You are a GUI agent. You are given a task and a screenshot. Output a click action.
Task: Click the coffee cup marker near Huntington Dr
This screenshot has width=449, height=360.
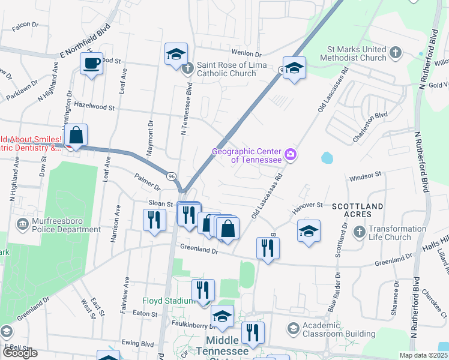(91, 64)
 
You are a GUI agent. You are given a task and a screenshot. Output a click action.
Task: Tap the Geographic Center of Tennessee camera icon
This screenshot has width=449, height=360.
(291, 155)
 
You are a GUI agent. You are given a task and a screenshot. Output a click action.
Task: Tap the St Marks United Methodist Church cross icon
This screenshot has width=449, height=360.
(395, 53)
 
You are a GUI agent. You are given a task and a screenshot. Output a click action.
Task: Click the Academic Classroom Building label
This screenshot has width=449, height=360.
(339, 329)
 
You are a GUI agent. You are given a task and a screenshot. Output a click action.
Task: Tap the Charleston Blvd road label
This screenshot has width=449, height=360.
(370, 125)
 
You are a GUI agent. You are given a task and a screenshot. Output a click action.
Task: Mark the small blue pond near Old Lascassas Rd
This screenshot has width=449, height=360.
(327, 158)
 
